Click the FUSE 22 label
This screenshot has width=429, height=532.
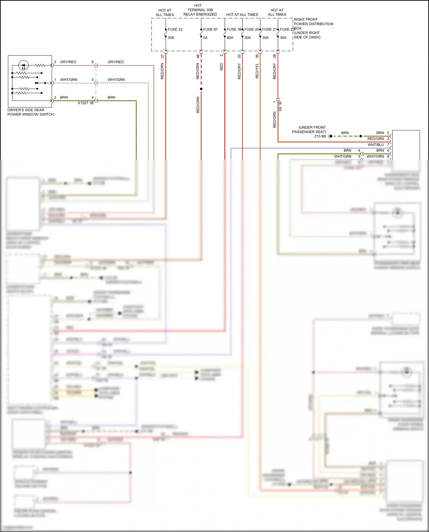click(175, 29)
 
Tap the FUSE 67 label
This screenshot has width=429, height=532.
click(210, 29)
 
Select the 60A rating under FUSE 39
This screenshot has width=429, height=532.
click(230, 38)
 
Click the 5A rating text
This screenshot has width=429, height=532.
click(205, 38)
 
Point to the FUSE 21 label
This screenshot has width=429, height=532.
click(269, 29)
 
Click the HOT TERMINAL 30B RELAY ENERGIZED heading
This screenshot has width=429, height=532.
click(200, 10)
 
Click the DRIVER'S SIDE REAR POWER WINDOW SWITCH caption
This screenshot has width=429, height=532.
click(30, 112)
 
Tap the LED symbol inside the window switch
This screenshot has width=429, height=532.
click(23, 65)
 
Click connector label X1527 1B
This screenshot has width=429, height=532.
click(86, 103)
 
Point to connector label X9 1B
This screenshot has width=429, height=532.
click(280, 106)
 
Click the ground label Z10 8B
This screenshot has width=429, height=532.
click(320, 136)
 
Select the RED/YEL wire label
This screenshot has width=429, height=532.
click(257, 71)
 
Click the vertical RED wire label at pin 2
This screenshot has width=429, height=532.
click(221, 67)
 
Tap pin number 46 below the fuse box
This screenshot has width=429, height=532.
click(198, 56)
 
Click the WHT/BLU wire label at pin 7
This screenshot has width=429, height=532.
click(376, 145)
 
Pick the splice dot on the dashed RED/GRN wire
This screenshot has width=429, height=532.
click(201, 89)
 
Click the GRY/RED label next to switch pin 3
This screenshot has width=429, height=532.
click(68, 62)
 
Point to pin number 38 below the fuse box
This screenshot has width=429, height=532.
click(275, 56)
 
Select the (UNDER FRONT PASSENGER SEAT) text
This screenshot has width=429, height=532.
click(309, 129)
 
